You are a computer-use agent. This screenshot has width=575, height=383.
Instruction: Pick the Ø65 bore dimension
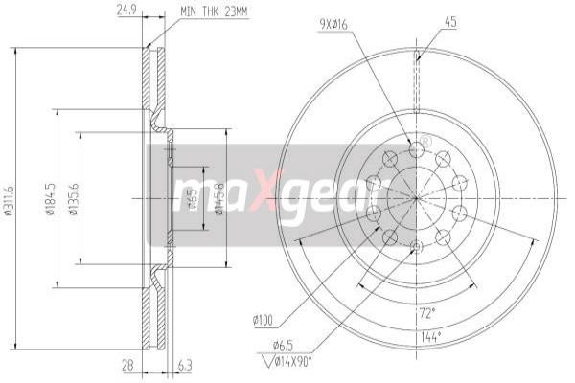click(193, 200)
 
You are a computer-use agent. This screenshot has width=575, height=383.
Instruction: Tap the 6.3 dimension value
click(184, 366)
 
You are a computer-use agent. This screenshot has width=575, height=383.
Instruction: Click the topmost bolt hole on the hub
click(416, 148)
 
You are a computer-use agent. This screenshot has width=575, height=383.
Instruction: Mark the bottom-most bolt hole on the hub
click(416, 248)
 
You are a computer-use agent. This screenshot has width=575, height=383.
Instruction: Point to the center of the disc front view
click(417, 198)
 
